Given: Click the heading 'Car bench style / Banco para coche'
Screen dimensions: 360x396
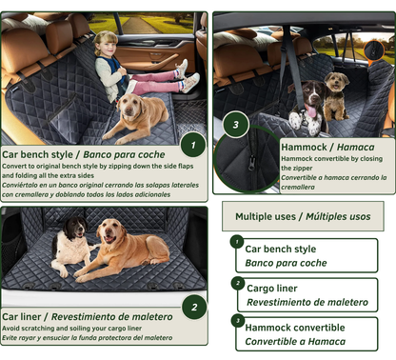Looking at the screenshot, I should pos(84,153).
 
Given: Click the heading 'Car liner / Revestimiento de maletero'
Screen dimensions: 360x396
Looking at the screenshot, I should pos(88,316).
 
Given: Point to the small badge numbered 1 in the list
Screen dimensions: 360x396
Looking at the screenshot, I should pos(237,242).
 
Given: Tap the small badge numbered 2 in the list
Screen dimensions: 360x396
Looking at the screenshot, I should pos(237,283).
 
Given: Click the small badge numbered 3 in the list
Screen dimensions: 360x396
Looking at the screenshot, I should pos(237,321).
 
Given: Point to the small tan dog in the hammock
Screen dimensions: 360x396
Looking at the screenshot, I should pos(335,92).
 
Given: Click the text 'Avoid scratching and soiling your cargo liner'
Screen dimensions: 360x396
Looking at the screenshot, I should pos(72,330).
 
